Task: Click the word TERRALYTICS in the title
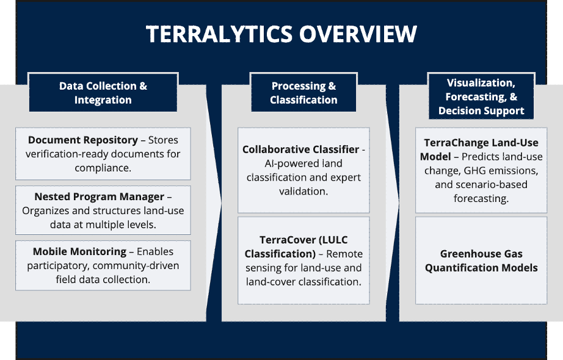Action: [219, 34]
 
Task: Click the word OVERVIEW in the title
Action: [358, 34]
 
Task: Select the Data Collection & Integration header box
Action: [103, 93]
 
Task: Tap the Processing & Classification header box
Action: [303, 93]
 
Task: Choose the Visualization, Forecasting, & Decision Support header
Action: [481, 96]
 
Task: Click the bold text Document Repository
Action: [83, 140]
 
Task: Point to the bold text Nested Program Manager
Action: [100, 196]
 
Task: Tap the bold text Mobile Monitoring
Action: [80, 251]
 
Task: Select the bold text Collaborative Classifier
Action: [301, 149]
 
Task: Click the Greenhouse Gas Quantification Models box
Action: [481, 261]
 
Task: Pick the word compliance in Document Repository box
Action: [103, 168]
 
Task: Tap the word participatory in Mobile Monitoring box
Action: [58, 266]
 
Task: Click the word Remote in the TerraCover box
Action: [344, 254]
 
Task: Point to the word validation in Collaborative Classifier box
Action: [303, 192]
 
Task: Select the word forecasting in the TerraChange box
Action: [481, 198]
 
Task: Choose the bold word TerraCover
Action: [283, 240]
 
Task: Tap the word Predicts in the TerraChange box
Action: [480, 157]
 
